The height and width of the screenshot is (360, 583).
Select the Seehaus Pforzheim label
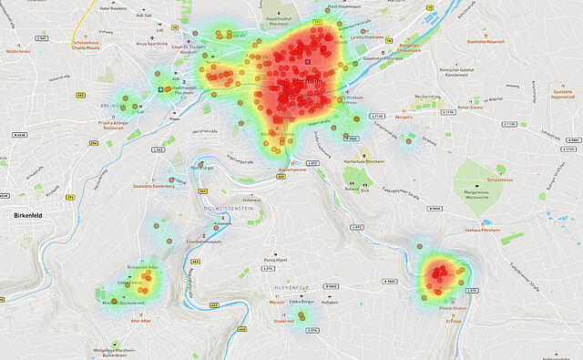pyautogui.click(x=482, y=231)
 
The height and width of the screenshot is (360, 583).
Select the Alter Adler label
pyautogui.click(x=140, y=321)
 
